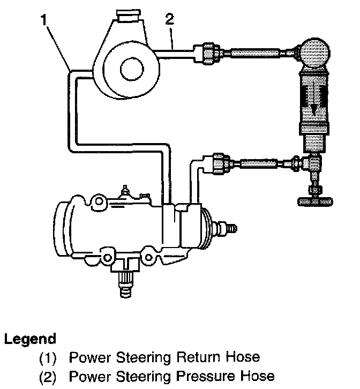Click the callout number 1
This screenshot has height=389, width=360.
[44, 21]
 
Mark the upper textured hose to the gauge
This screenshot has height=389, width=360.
[254, 54]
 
